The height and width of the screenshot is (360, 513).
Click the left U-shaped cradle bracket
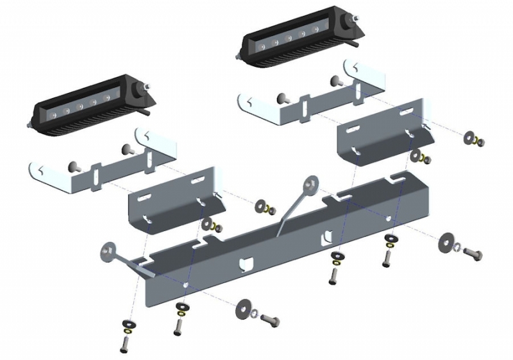tap(103, 170)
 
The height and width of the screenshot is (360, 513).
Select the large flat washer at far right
tap(446, 243)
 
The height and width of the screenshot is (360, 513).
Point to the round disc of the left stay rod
tap(107, 251)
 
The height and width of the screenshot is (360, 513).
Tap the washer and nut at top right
tap(475, 139)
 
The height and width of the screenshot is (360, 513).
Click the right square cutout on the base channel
tap(328, 236)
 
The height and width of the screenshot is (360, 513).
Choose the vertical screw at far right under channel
tap(386, 258)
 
